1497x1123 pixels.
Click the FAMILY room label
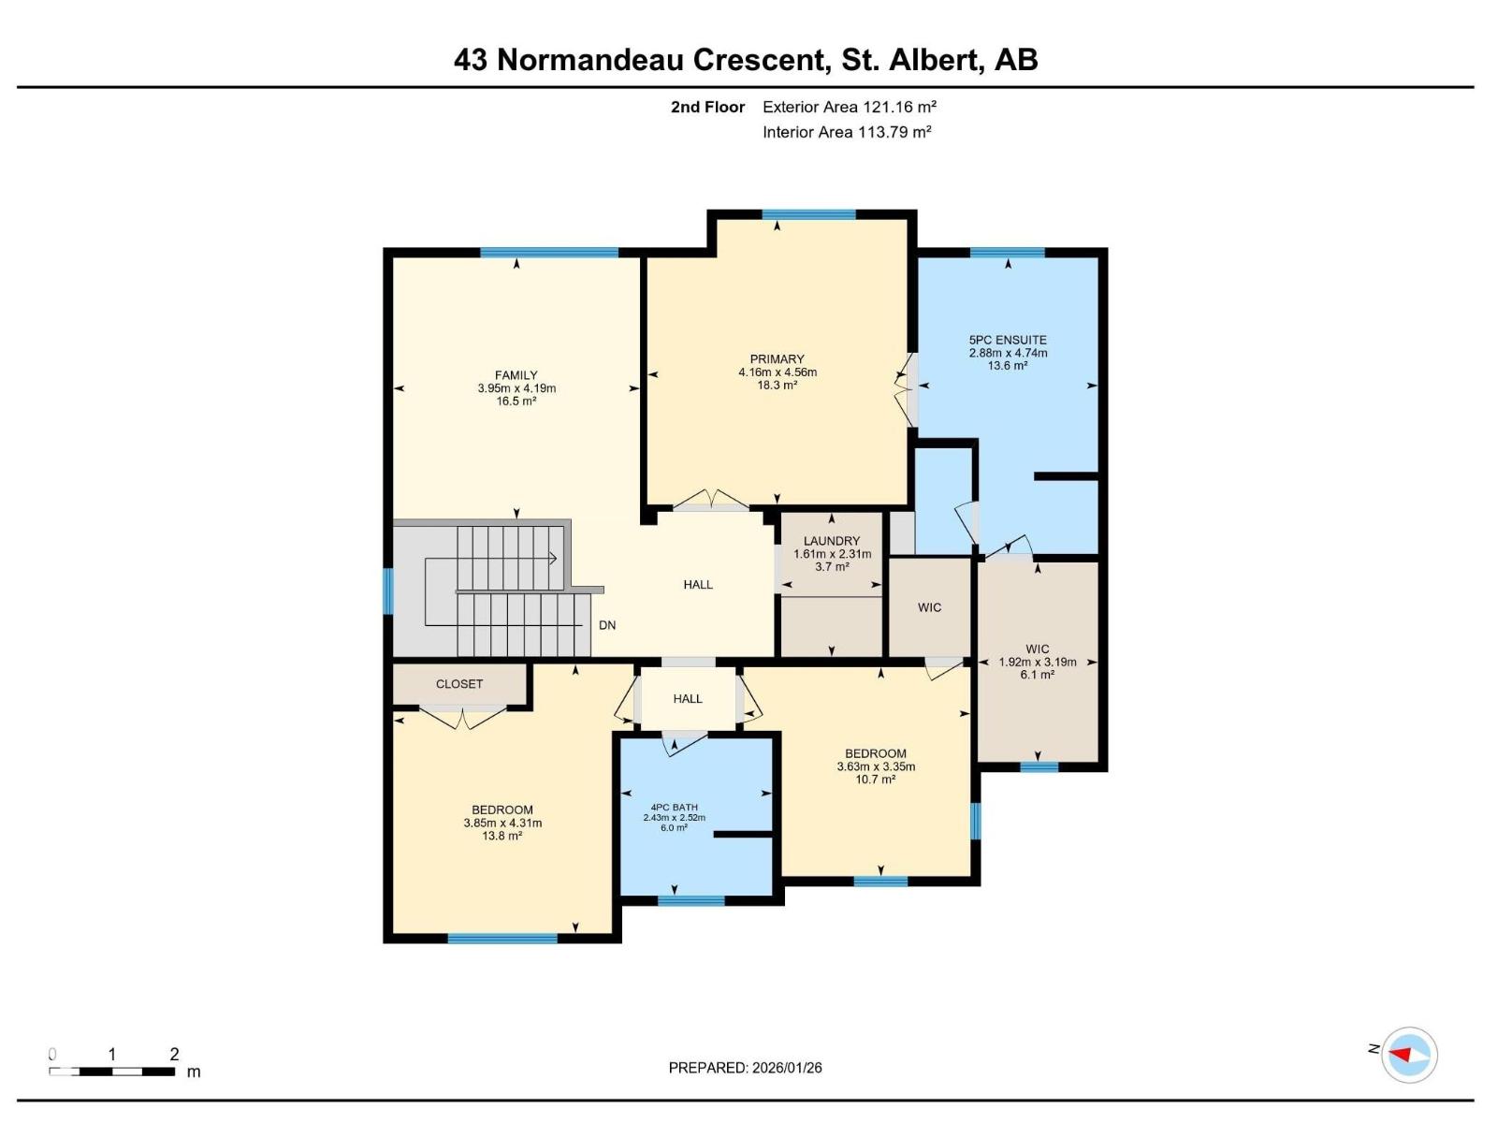coord(516,375)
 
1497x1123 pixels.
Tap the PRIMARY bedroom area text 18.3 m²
coord(777,386)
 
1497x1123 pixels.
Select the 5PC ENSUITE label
coord(1008,340)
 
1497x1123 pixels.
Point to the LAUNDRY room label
coord(832,541)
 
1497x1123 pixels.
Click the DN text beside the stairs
coord(607,625)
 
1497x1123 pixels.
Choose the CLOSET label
coord(459,684)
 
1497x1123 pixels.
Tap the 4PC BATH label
coord(674,807)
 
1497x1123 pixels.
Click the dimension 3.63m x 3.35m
coord(876,766)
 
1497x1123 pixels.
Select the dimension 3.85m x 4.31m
coord(502,824)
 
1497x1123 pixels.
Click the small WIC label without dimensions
coord(929,607)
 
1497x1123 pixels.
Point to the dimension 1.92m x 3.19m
coord(1038,662)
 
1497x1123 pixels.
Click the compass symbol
coord(1409,1055)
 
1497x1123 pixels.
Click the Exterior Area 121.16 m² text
coord(850,107)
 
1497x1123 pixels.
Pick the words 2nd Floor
coord(707,107)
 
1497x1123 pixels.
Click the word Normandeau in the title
coord(594,60)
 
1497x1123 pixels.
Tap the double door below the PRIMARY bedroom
coord(711,503)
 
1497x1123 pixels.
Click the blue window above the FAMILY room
coord(549,252)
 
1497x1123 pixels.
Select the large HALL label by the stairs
coord(698,584)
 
